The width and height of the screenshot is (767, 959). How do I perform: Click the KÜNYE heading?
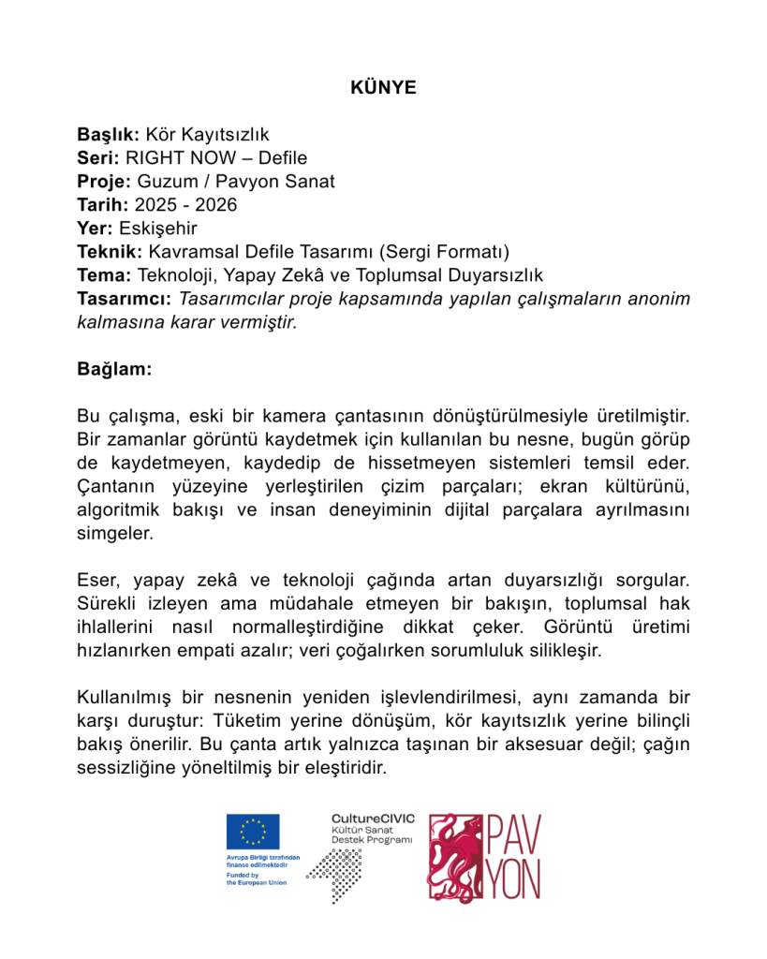click(383, 88)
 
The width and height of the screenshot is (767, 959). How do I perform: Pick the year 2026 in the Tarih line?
click(216, 204)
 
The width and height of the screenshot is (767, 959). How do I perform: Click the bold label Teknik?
click(110, 251)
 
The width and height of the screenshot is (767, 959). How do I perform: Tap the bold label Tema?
click(104, 274)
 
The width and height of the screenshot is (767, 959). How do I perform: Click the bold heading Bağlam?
click(113, 369)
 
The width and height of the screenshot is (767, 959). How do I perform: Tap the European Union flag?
click(252, 832)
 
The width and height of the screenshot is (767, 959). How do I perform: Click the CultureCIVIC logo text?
click(373, 819)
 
